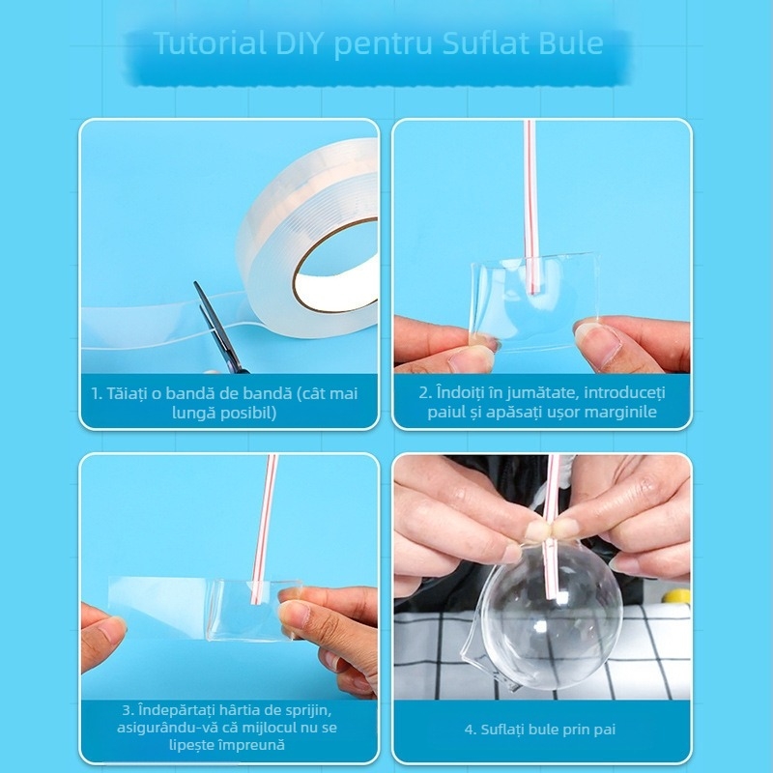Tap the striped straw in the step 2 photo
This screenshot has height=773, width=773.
pos(531,207)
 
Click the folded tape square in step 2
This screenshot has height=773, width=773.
pos(534,301)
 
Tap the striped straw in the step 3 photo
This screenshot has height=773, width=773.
pos(264,529)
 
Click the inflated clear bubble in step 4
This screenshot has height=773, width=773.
pos(548,614)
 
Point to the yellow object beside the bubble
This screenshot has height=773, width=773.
pos(676,596)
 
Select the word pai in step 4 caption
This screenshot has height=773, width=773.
pos(606,730)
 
